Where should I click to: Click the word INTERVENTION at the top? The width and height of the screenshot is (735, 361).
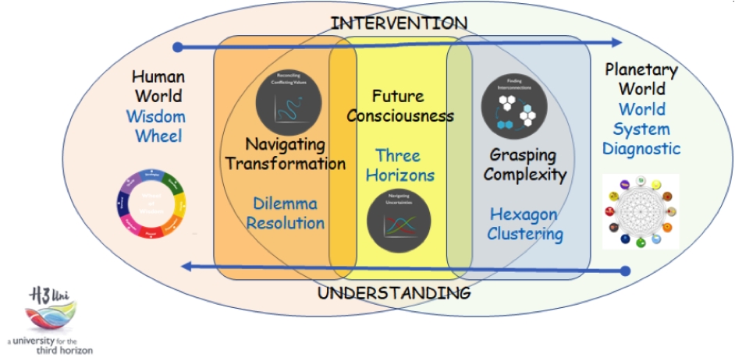[399, 23]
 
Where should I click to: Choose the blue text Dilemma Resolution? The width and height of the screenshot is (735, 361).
[286, 214]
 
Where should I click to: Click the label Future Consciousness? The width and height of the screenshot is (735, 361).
[400, 107]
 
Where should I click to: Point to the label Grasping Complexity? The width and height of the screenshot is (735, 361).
[524, 164]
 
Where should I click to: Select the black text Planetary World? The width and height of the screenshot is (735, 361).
[641, 79]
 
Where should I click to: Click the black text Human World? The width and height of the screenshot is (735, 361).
[158, 87]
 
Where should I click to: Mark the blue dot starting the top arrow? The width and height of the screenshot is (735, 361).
[178, 48]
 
